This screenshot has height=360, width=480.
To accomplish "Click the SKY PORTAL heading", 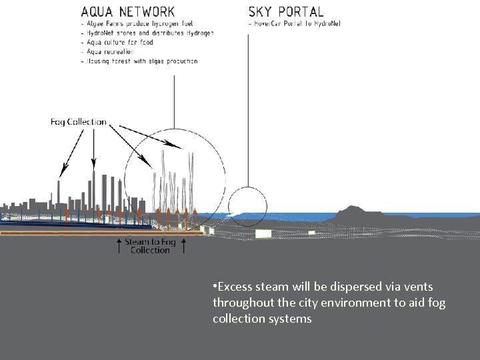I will point(286,12).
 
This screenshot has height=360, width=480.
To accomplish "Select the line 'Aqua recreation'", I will point(109,51).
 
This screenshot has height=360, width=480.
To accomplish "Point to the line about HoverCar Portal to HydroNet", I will point(295,24).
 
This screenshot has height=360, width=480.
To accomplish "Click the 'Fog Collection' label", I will point(79,122).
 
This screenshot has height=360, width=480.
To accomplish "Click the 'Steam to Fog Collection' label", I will point(151,245).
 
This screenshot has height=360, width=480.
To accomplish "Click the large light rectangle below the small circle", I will point(264,233).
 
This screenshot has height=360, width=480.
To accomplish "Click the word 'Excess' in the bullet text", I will point(235,287).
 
